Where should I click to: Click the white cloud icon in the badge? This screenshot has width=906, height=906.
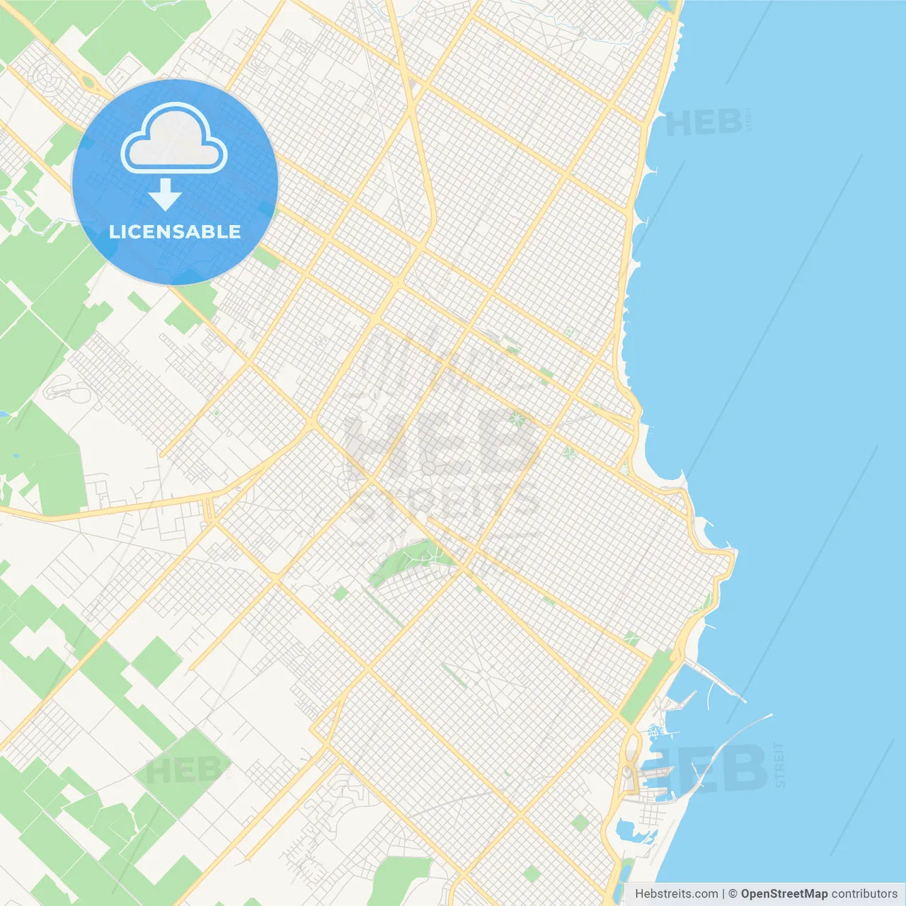tap(174, 139)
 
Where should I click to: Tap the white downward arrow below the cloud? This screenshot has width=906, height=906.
tap(165, 195)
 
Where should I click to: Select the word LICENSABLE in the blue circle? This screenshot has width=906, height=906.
tap(175, 231)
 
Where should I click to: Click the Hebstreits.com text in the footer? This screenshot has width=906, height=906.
tap(676, 893)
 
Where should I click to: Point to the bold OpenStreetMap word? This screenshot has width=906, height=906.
tap(784, 893)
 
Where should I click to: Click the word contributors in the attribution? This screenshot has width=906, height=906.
tap(864, 893)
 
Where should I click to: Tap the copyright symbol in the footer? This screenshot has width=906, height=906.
tap(733, 893)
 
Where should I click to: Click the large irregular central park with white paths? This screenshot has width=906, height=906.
tap(411, 559)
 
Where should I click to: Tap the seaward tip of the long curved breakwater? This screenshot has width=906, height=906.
tap(770, 716)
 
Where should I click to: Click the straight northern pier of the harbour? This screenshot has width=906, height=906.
tap(715, 679)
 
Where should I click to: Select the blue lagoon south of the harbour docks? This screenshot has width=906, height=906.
tap(632, 832)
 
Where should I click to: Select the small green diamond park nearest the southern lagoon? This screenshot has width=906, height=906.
tap(580, 822)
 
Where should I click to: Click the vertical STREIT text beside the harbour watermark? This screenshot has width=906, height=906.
tap(780, 764)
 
